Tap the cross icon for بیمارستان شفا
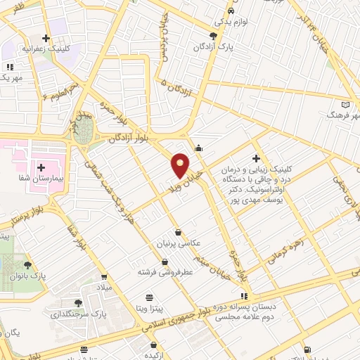click(41, 167)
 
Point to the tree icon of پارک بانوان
click(27, 265)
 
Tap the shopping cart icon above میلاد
click(105, 276)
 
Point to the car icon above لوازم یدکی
click(231, 12)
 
